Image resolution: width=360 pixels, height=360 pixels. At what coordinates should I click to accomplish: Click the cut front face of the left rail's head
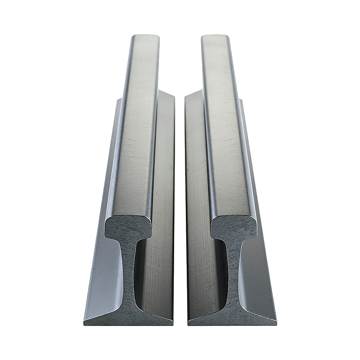127,227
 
